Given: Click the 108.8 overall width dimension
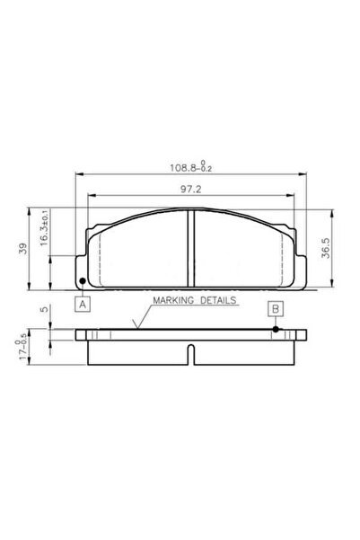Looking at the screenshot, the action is click(191, 166).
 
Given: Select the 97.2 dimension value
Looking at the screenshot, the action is click(191, 189).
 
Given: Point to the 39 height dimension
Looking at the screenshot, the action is click(23, 248).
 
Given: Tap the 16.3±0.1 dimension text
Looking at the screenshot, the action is click(44, 228).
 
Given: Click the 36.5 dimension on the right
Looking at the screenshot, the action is click(326, 248).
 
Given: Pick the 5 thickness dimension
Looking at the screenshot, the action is click(44, 309).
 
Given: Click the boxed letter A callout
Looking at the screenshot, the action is click(83, 304).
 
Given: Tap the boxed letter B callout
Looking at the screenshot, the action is click(276, 309).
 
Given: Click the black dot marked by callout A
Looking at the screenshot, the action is click(83, 281).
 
